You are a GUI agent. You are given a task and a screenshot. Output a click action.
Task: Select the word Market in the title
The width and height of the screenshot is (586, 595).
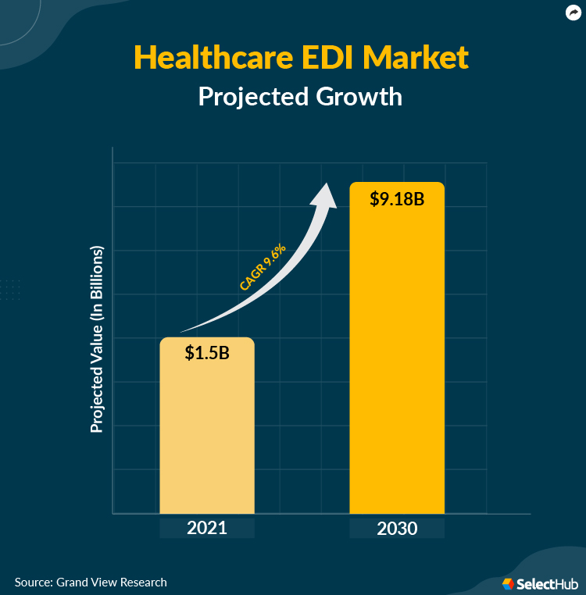click(420, 58)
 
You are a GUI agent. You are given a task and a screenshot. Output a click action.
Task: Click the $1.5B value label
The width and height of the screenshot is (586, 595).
click(207, 352)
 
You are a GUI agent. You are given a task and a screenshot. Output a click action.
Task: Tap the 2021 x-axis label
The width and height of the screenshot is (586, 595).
click(207, 528)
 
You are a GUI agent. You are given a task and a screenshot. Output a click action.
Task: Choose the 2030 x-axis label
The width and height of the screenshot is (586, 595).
click(397, 528)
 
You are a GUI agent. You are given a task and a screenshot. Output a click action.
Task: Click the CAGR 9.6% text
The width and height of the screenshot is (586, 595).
click(263, 268)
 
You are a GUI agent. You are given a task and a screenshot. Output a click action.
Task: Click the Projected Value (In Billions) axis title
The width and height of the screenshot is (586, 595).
click(97, 340)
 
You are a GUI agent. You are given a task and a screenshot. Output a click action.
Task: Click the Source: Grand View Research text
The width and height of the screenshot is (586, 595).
click(91, 582)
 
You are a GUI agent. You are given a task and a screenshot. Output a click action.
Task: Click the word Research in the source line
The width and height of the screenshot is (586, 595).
click(143, 582)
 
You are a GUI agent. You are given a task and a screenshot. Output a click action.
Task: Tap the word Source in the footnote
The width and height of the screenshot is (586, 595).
click(32, 582)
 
